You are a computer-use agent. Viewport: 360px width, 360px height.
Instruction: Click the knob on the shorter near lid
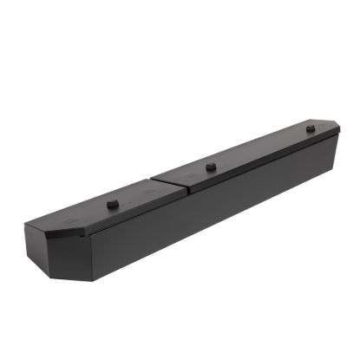[112, 204]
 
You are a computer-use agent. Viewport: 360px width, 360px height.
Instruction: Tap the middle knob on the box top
[211, 166]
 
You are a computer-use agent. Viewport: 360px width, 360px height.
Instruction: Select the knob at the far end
[310, 128]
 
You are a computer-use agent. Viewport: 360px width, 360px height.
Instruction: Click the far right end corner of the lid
[339, 131]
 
